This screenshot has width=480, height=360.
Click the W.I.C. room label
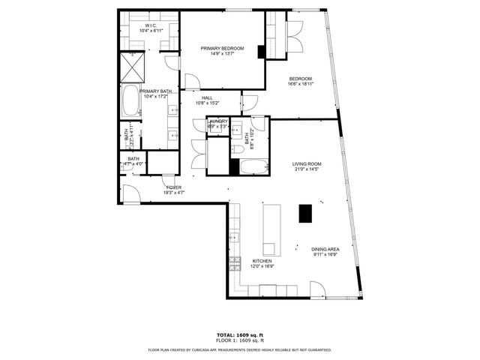point(150,26)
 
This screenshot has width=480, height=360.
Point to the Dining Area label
point(325,249)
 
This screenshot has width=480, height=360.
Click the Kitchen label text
point(251,260)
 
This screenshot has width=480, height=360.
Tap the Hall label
point(207,97)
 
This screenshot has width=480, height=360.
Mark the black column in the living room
point(305,214)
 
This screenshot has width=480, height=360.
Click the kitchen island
point(270,229)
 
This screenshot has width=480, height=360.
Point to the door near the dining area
point(316,289)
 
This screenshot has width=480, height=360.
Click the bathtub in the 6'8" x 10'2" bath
point(252,166)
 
